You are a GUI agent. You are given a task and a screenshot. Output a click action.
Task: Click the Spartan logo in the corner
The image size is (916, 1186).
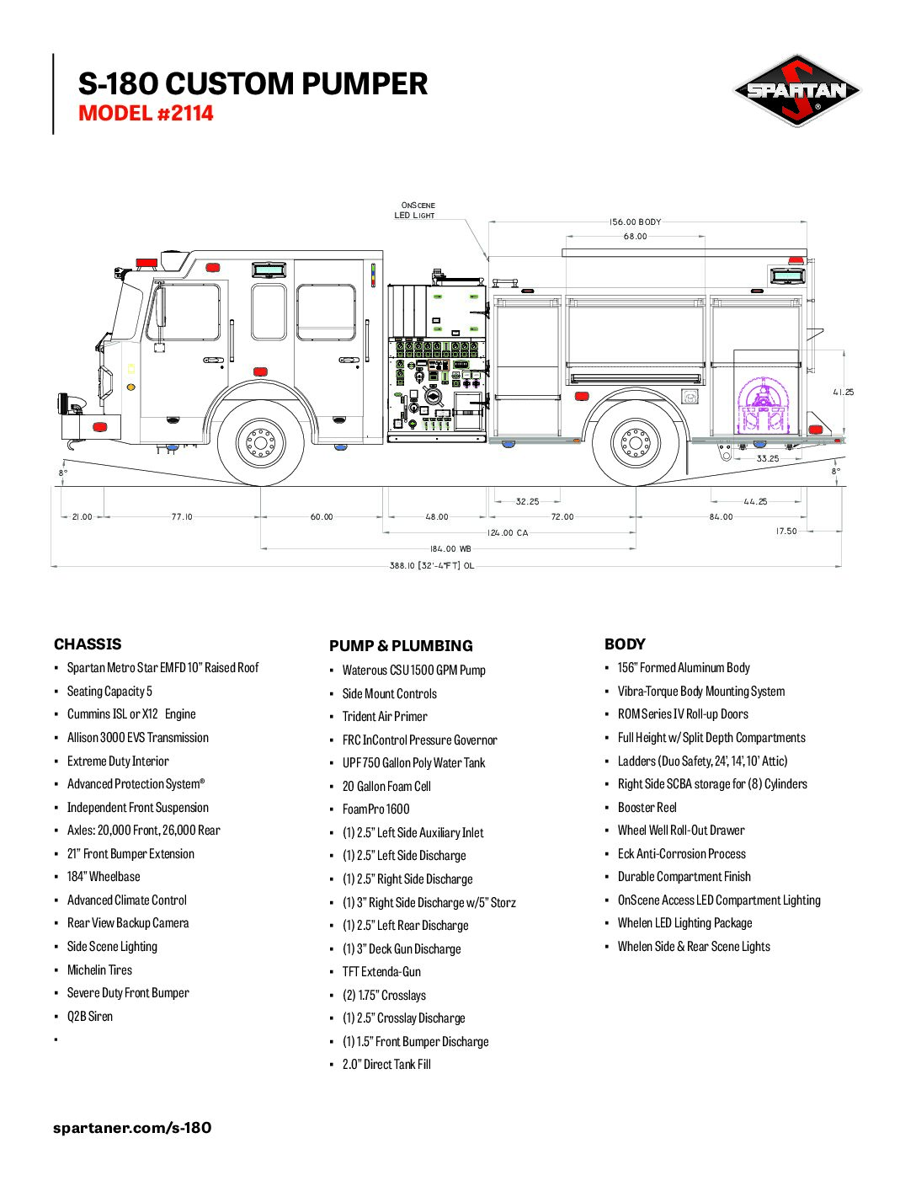click(796, 90)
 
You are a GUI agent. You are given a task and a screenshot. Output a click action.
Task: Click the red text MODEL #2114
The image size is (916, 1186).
click(146, 113)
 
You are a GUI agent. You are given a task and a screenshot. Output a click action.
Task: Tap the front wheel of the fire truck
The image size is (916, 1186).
click(260, 442)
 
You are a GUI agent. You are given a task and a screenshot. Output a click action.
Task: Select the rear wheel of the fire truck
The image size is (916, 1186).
click(635, 442)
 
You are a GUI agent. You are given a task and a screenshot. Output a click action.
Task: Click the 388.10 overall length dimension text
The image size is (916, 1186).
click(431, 565)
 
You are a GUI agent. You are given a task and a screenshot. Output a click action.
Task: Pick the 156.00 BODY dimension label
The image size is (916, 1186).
click(635, 222)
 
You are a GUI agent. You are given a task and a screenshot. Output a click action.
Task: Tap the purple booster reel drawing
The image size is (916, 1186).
click(764, 406)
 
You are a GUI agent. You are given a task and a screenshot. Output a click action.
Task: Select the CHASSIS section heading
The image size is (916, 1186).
click(88, 644)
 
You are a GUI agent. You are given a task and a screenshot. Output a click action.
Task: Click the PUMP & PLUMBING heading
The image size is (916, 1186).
click(401, 646)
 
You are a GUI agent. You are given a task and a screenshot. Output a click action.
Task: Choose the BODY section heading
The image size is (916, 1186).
click(625, 644)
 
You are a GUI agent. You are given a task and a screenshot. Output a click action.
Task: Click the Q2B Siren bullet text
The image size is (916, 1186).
click(90, 1016)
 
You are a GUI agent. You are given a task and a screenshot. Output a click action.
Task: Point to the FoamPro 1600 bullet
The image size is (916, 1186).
click(375, 809)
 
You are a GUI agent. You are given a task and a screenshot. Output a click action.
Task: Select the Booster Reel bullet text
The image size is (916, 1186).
click(647, 807)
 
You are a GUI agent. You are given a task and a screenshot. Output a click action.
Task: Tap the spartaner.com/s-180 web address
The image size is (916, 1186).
click(132, 1127)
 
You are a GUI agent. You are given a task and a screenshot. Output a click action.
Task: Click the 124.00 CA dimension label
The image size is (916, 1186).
click(508, 532)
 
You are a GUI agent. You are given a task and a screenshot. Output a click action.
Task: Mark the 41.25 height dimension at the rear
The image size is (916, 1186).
click(843, 392)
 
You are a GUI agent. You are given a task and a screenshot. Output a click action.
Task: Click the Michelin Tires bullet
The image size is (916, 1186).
click(99, 970)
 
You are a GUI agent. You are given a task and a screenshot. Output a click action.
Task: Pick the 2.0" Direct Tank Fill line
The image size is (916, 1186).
click(386, 1064)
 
